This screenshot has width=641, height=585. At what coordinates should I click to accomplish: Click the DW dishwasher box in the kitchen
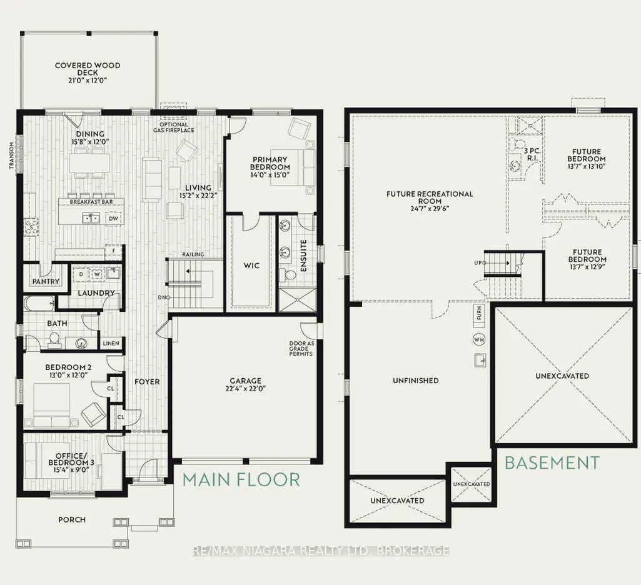click(114, 219)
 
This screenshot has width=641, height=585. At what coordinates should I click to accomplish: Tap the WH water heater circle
click(478, 339)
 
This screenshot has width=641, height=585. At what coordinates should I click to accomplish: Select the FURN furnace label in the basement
click(478, 314)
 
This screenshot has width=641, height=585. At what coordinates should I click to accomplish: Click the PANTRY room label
click(46, 281)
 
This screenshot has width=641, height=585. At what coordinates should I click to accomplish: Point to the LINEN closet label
click(111, 343)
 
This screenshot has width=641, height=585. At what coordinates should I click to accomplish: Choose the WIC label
click(251, 266)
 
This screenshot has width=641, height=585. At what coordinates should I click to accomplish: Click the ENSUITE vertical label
click(303, 256)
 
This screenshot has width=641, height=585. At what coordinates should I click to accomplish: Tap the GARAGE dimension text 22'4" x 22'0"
click(245, 389)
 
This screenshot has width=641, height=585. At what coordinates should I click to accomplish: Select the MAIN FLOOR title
click(241, 479)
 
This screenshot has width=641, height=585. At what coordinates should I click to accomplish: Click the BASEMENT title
click(552, 462)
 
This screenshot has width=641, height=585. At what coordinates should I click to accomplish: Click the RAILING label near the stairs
click(193, 254)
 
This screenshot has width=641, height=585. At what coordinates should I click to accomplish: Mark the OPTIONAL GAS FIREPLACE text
click(174, 127)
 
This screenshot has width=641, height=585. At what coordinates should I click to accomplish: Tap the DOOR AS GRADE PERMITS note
click(301, 349)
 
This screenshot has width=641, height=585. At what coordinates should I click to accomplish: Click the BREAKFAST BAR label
click(91, 202)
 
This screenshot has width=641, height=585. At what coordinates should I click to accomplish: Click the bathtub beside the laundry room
click(39, 302)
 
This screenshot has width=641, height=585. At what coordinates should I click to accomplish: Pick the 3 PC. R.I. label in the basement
click(532, 154)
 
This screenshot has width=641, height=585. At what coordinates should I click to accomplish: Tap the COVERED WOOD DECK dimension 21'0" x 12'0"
click(88, 81)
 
